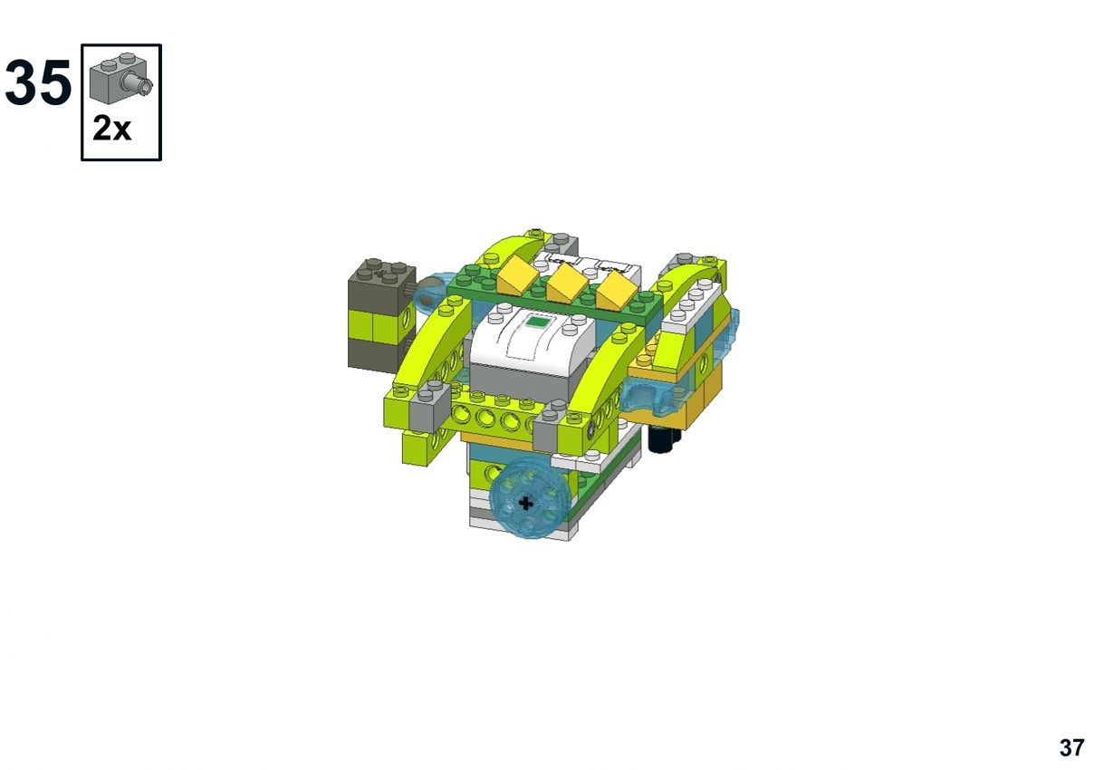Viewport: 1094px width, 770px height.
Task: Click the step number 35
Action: point(39,82)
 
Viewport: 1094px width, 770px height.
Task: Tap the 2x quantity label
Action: point(111,129)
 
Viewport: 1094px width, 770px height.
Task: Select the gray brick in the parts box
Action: point(120,78)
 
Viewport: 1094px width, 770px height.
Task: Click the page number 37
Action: point(1071,747)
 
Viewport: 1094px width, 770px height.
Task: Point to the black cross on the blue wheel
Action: point(525,503)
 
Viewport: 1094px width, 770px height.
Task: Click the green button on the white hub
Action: point(537,322)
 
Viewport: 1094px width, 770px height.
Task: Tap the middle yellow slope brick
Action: point(567,283)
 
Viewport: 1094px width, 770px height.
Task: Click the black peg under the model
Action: point(663,438)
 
